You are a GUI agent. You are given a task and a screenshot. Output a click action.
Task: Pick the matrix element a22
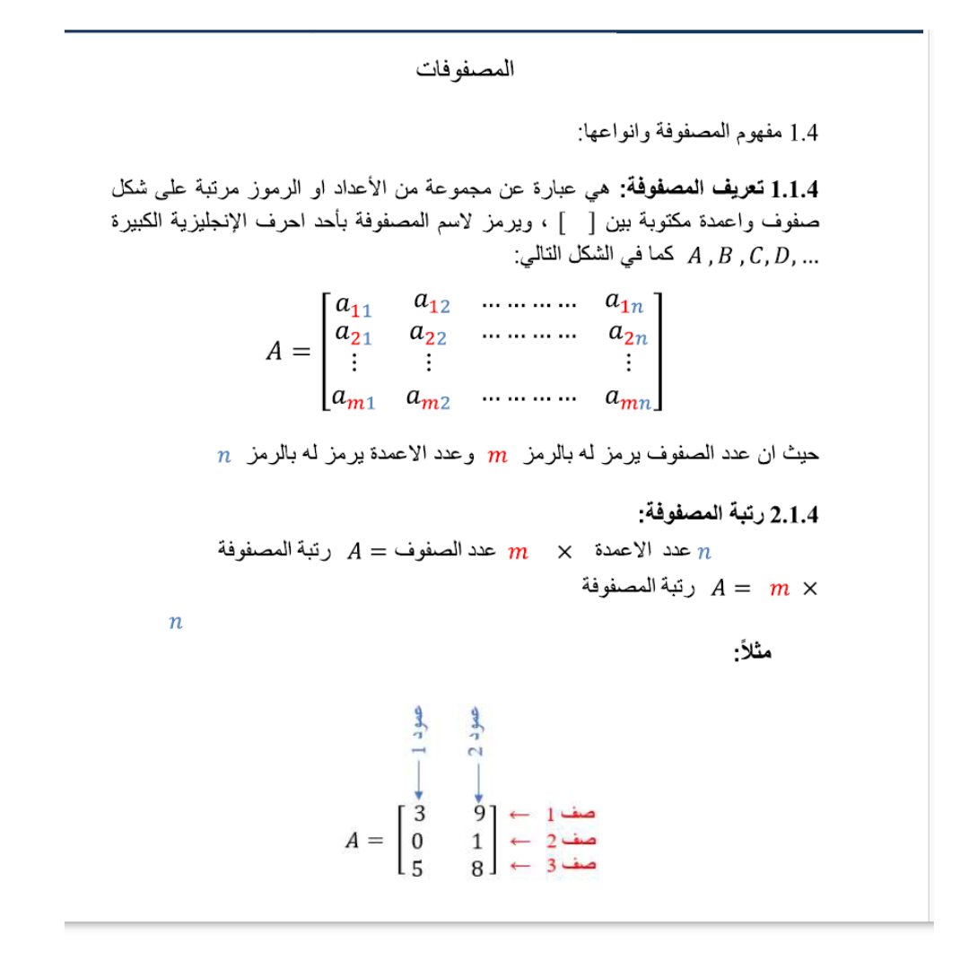428,335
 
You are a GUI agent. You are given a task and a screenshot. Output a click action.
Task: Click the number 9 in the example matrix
479,815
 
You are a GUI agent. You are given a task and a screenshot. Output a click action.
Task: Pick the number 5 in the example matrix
417,868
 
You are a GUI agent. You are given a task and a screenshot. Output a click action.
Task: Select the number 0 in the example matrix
417,842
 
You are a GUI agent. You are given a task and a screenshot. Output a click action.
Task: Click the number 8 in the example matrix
478,868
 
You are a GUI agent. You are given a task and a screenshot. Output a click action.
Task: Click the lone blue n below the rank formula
175,622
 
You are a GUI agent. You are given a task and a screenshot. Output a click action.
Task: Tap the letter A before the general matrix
276,351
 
